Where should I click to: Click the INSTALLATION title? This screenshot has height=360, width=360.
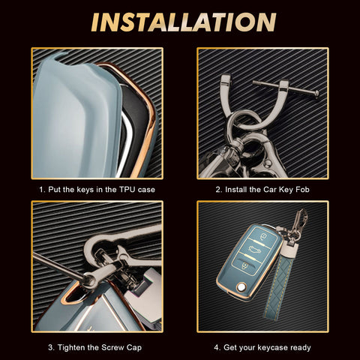click(x=184, y=22)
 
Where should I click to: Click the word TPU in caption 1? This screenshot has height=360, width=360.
click(x=127, y=190)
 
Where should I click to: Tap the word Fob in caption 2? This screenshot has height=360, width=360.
click(x=302, y=190)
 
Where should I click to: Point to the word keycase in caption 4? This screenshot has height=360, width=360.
click(x=271, y=348)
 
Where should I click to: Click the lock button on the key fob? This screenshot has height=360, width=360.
click(x=263, y=235)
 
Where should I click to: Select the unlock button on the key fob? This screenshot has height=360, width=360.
click(x=244, y=265)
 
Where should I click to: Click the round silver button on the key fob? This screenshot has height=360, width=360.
click(x=241, y=286)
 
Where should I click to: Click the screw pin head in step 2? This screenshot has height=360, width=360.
click(x=316, y=94)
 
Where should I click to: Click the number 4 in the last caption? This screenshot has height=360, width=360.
click(x=216, y=347)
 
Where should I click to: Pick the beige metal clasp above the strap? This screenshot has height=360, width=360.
click(x=289, y=250)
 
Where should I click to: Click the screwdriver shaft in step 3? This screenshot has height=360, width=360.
click(x=58, y=265)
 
